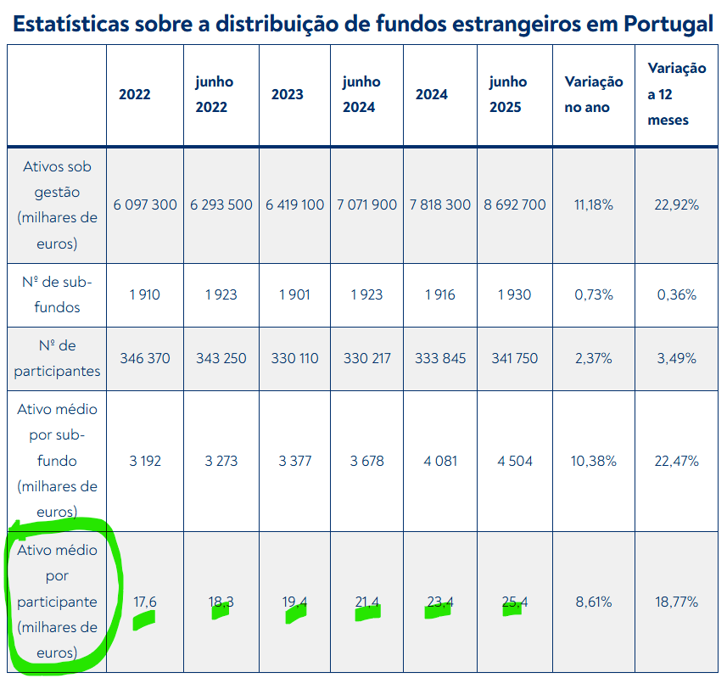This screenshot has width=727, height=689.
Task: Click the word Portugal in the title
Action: click(x=668, y=23)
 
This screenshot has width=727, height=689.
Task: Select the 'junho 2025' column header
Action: click(x=508, y=94)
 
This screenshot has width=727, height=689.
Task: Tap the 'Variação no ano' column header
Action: click(x=594, y=94)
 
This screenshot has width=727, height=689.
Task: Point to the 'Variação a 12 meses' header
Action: click(x=676, y=94)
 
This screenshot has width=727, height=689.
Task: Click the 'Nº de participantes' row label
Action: click(x=57, y=358)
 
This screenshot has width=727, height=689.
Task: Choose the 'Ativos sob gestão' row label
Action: click(x=57, y=204)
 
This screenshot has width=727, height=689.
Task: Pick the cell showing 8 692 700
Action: click(x=514, y=204)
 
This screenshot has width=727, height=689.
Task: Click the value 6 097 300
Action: click(x=145, y=204)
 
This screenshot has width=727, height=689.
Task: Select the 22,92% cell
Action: click(x=676, y=204)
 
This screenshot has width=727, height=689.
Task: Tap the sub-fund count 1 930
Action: click(x=514, y=294)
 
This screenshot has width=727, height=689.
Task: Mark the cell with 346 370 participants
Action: click(x=145, y=358)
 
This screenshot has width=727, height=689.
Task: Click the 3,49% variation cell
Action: click(x=676, y=358)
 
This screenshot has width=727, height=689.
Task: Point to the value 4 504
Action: click(x=514, y=461)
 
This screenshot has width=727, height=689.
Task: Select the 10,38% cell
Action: click(x=594, y=461)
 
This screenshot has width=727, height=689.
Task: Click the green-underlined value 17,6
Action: click(x=145, y=602)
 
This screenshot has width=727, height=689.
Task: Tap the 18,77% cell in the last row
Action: click(x=676, y=602)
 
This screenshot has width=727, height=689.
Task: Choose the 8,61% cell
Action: click(x=594, y=602)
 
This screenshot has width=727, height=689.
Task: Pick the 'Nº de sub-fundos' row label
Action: click(x=57, y=294)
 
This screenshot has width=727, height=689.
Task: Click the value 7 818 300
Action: click(x=439, y=204)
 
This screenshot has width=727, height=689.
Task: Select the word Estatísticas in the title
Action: click(x=70, y=23)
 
